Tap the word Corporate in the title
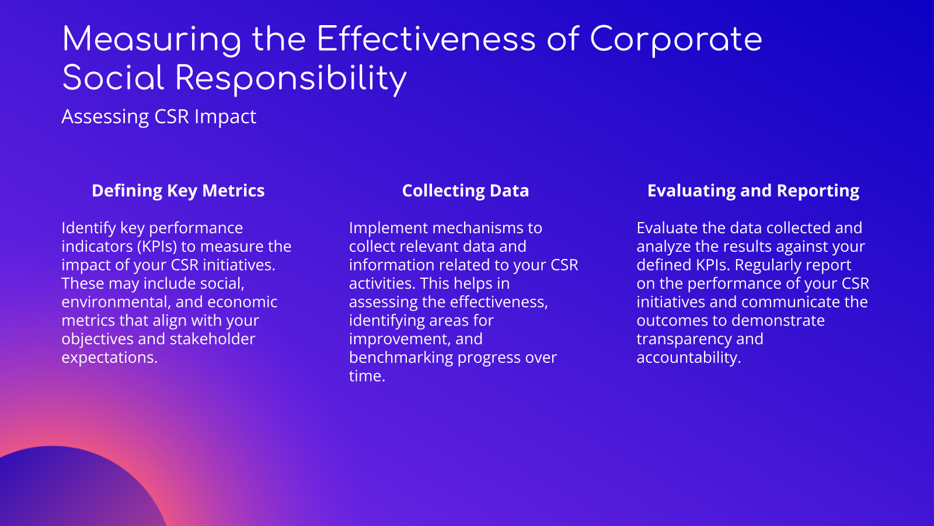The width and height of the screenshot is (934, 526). (x=675, y=40)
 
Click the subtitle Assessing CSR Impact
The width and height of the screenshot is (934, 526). (x=159, y=117)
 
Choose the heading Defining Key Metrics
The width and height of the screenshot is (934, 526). (x=178, y=191)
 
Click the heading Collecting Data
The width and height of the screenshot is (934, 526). (x=465, y=191)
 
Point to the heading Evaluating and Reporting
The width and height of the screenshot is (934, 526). (x=753, y=191)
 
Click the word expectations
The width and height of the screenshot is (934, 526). (x=110, y=358)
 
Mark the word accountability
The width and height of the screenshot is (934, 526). (x=688, y=358)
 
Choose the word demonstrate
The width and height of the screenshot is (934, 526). (x=780, y=321)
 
